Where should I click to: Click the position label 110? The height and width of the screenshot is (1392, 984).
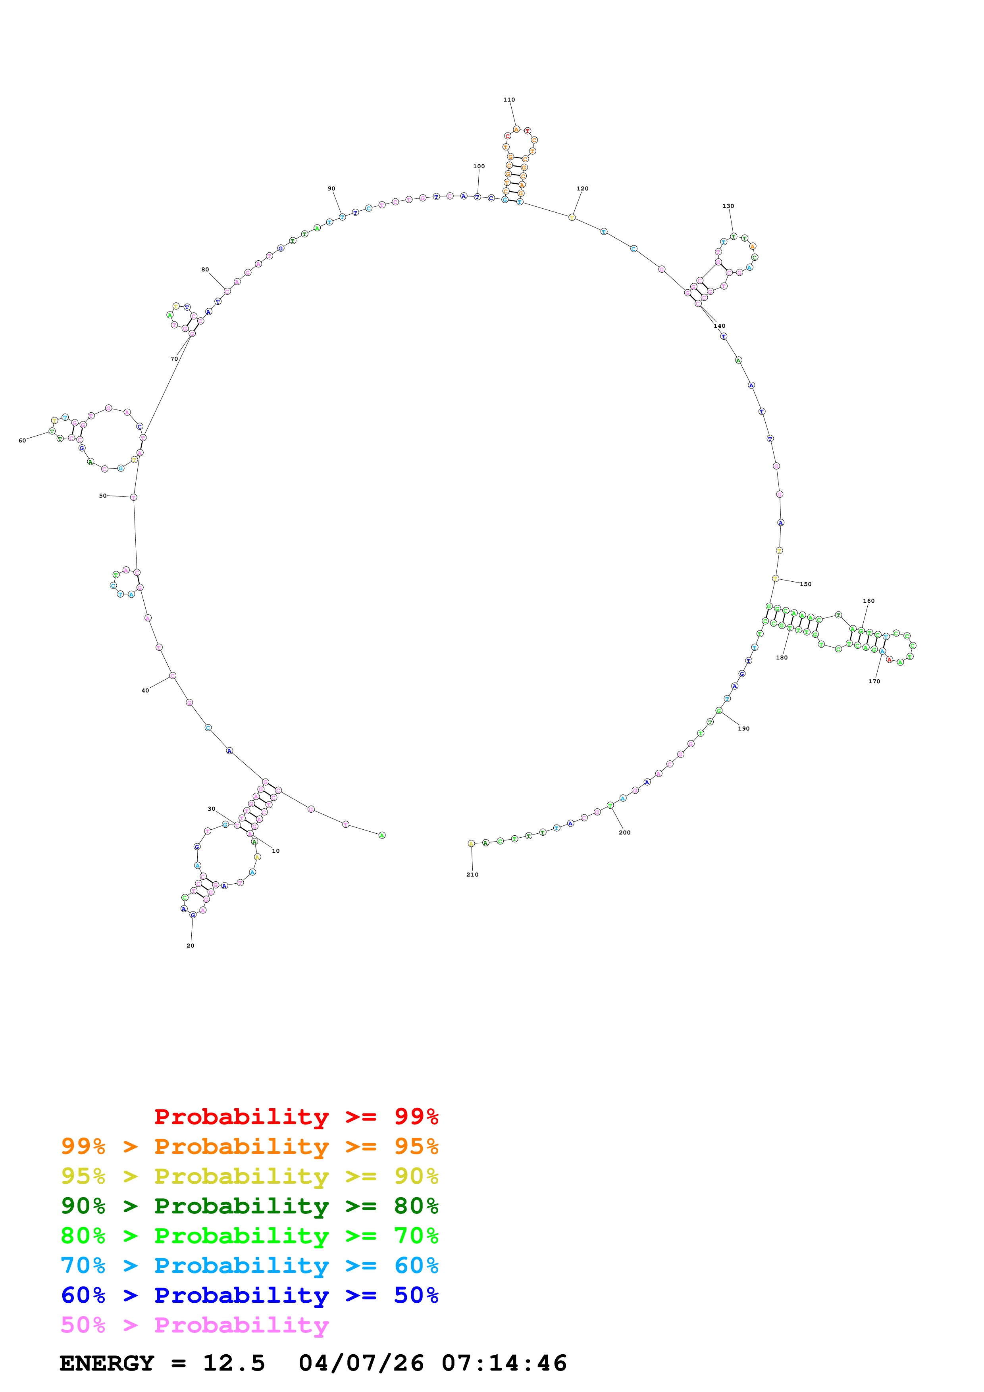[509, 100]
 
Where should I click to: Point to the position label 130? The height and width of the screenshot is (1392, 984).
[728, 206]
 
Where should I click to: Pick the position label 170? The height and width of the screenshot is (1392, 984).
[874, 681]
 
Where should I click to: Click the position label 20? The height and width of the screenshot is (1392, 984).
[191, 946]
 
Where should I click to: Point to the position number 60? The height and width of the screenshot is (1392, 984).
[23, 441]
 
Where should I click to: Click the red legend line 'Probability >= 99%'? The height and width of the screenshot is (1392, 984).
[296, 1117]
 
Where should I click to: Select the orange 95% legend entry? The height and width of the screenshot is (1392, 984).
[249, 1146]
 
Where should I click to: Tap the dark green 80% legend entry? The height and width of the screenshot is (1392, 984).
[249, 1206]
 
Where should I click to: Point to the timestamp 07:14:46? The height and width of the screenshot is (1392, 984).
[504, 1363]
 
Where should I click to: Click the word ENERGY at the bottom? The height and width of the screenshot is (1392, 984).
[107, 1363]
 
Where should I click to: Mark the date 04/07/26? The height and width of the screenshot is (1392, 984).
[361, 1363]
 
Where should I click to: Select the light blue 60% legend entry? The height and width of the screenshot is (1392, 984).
[249, 1265]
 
